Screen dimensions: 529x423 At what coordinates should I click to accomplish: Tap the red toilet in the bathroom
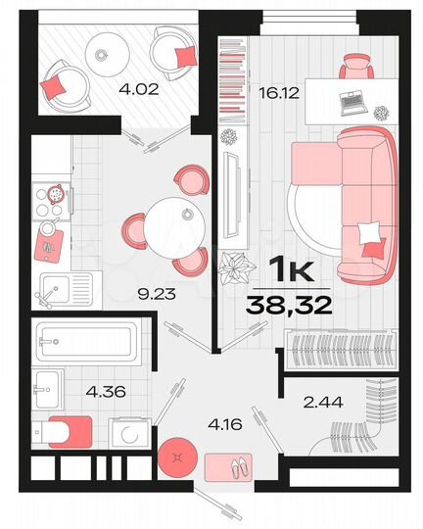pyautogui.click(x=66, y=430)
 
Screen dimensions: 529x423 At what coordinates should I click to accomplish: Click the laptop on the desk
pyautogui.click(x=352, y=97)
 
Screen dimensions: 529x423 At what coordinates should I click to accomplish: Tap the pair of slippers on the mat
pyautogui.click(x=235, y=467)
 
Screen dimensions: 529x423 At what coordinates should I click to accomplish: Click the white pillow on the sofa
pyautogui.click(x=369, y=233)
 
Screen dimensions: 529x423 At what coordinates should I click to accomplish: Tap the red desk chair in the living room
pyautogui.click(x=357, y=65)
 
